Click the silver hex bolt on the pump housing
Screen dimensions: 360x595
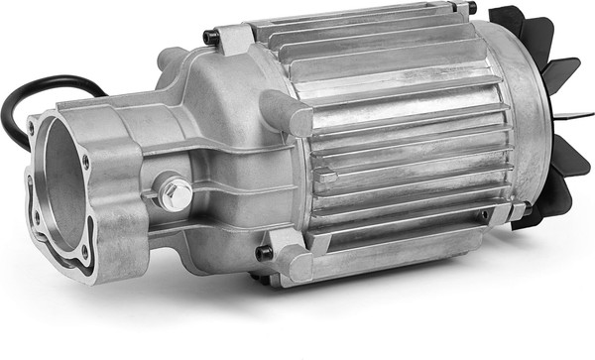coord(176,192)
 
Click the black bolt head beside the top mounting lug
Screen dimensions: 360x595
coord(210,38)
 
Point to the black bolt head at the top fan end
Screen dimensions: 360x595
coord(471,8)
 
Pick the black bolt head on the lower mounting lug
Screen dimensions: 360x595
coord(264,253)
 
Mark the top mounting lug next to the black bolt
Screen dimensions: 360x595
coord(235,40)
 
